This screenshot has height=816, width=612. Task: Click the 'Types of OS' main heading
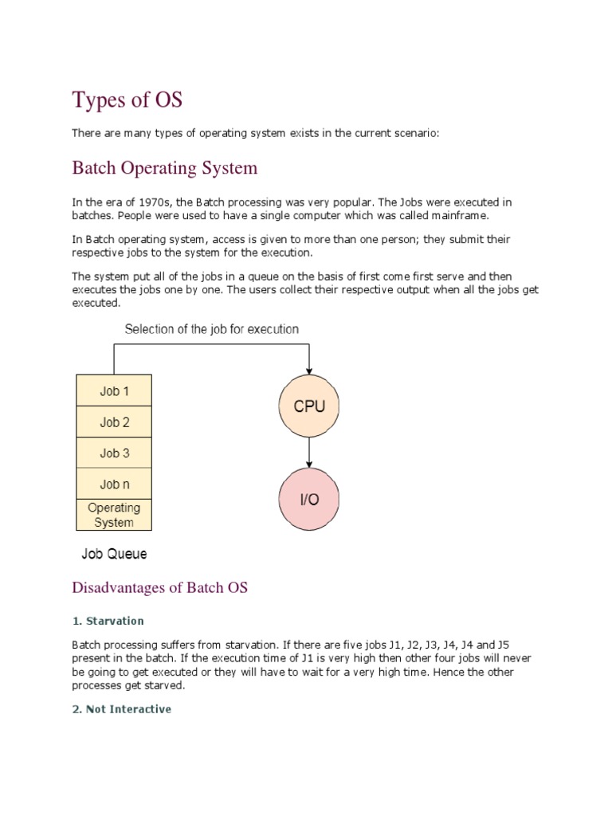[127, 100]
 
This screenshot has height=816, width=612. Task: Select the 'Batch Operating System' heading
[165, 168]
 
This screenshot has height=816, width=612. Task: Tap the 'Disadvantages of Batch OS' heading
[160, 588]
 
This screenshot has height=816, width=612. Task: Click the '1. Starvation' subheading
[108, 621]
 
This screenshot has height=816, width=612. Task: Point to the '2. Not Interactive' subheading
[121, 708]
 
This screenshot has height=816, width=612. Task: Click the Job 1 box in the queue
[114, 391]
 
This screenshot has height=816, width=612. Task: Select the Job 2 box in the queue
[114, 422]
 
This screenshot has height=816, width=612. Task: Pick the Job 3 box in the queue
[114, 453]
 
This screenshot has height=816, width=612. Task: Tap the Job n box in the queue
[114, 484]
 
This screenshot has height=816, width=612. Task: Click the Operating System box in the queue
[114, 515]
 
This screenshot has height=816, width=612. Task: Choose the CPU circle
[309, 406]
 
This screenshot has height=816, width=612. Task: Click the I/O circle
[309, 500]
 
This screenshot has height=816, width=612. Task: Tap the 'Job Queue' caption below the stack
[114, 553]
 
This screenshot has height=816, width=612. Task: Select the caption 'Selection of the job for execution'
[211, 328]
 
